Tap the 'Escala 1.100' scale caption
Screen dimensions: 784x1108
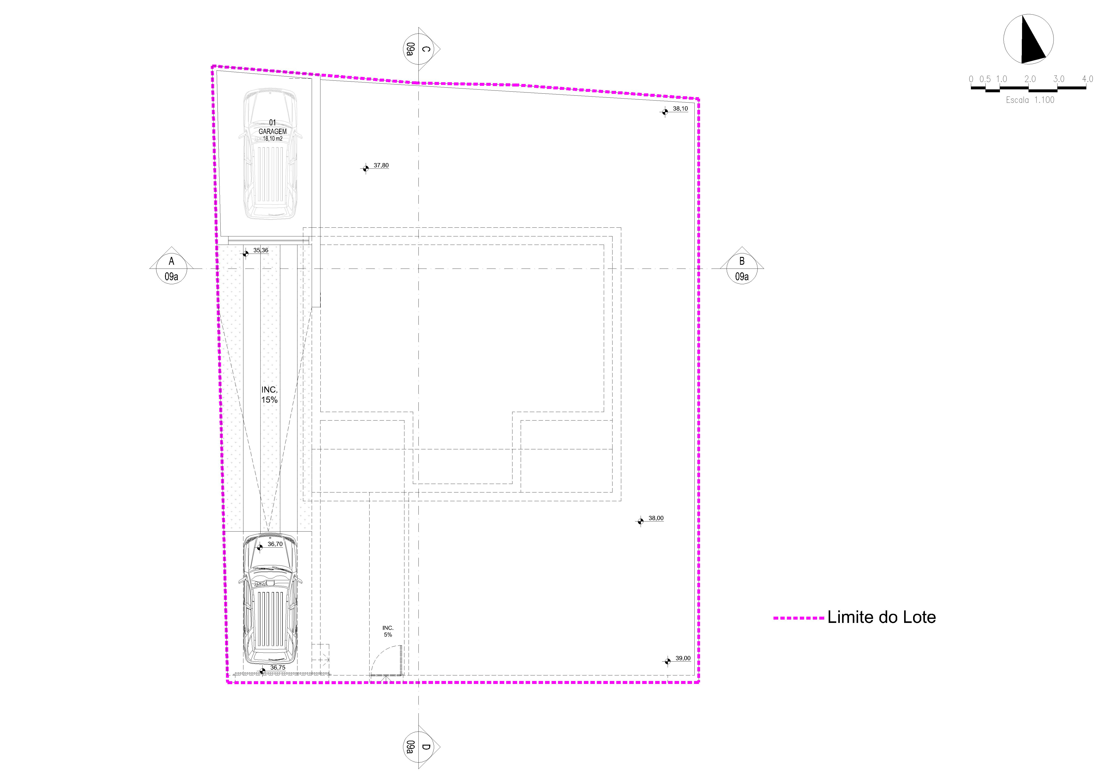tap(1030, 100)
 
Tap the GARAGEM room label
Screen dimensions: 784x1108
tap(273, 131)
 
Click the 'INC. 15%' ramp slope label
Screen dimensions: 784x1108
tap(269, 394)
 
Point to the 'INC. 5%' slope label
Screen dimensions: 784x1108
tap(388, 631)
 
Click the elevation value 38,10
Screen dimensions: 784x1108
tap(680, 109)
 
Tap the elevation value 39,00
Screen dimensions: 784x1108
tap(683, 658)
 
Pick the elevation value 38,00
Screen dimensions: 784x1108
tap(656, 518)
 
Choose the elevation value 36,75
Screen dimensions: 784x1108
tap(278, 668)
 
